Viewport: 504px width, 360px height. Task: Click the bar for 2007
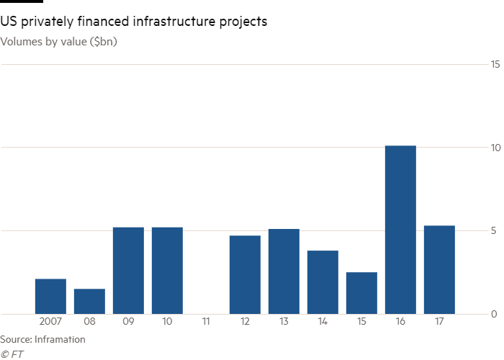pyautogui.click(x=50, y=296)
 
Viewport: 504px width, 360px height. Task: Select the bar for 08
pyautogui.click(x=89, y=301)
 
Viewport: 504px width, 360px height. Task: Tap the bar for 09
pyautogui.click(x=128, y=270)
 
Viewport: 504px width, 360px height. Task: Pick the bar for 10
pyautogui.click(x=167, y=270)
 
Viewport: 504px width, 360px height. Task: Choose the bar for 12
pyautogui.click(x=245, y=274)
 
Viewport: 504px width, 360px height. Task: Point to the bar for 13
pyautogui.click(x=284, y=271)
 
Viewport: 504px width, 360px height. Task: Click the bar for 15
pyautogui.click(x=361, y=293)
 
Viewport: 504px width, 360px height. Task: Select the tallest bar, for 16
pyautogui.click(x=400, y=230)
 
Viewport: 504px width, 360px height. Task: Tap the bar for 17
pyautogui.click(x=439, y=269)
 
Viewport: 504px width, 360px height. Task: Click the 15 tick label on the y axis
pyautogui.click(x=495, y=65)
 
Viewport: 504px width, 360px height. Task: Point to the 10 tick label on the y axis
pyautogui.click(x=495, y=148)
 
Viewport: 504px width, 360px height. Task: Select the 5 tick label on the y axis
pyautogui.click(x=495, y=231)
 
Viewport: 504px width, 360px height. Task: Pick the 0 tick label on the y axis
pyautogui.click(x=495, y=314)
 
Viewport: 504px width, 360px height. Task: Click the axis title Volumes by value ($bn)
pyautogui.click(x=60, y=41)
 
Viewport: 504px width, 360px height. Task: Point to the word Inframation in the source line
pyautogui.click(x=63, y=339)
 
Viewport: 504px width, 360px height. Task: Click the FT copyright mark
pyautogui.click(x=9, y=353)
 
